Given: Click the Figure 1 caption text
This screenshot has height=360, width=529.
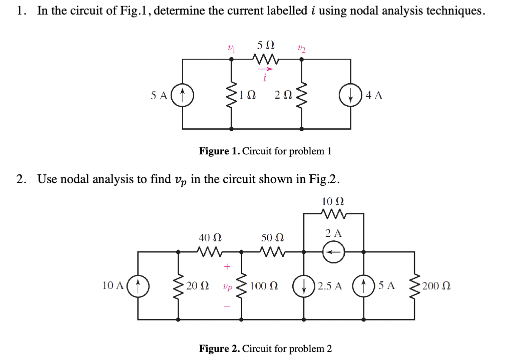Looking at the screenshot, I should click(265, 151).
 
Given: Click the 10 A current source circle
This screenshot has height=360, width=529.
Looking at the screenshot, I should click(138, 285).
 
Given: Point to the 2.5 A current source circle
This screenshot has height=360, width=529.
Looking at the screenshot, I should click(303, 285).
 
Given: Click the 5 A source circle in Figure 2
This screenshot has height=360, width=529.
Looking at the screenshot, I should click(363, 285).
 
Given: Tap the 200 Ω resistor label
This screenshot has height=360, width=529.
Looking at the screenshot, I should click(438, 286).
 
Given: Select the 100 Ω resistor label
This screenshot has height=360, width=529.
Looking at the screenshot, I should click(264, 286).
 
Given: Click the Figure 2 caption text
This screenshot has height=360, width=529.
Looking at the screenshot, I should click(265, 349).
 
